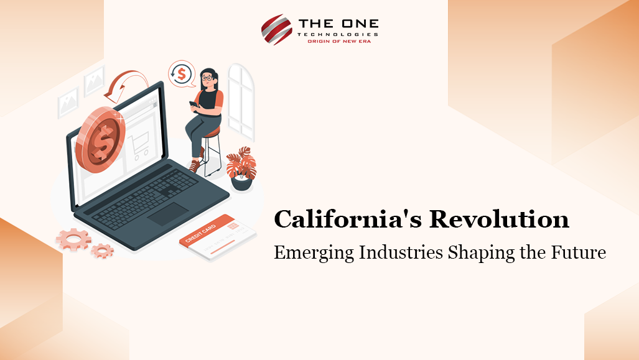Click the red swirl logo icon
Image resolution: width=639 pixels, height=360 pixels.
click(x=277, y=29)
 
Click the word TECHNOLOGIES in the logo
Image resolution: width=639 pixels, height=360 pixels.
click(x=338, y=35)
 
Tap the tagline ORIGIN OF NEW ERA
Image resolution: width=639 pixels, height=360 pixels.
click(x=339, y=42)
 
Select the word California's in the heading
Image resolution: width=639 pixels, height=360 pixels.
click(x=348, y=219)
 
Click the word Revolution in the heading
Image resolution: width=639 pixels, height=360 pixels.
click(x=499, y=219)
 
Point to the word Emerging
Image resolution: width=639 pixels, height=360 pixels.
click(x=314, y=253)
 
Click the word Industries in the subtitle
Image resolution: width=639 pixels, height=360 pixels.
click(x=401, y=252)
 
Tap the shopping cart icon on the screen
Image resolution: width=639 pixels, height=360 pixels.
click(x=139, y=145)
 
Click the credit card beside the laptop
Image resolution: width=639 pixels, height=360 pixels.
click(x=218, y=237)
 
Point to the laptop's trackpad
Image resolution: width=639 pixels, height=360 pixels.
click(x=168, y=214)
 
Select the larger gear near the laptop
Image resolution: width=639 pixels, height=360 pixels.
click(x=73, y=239)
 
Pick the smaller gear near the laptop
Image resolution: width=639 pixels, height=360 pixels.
click(x=102, y=251)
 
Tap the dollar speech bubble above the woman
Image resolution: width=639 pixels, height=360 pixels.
click(x=182, y=74)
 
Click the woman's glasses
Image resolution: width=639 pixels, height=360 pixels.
click(x=207, y=78)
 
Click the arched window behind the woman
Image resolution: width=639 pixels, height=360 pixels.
click(x=241, y=102)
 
